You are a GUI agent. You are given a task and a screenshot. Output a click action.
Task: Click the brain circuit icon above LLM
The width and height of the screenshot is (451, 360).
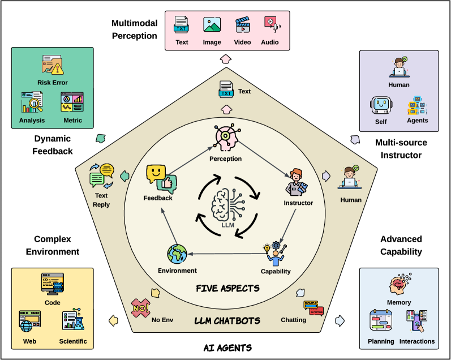(x=227, y=205)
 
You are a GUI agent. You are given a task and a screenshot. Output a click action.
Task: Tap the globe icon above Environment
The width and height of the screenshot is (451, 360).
(x=177, y=254)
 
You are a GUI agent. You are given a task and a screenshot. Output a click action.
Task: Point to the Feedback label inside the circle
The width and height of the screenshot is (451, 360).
(x=158, y=198)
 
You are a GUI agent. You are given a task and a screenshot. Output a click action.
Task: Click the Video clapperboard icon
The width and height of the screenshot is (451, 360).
(x=243, y=25)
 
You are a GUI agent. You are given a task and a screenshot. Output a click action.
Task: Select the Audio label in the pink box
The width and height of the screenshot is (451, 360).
(x=270, y=42)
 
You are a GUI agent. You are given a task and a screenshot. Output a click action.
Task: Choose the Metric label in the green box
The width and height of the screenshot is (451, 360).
(x=72, y=120)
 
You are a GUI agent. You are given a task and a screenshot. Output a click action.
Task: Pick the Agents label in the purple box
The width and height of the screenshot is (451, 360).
(x=418, y=120)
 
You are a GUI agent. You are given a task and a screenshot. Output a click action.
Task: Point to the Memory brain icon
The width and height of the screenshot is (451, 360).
(x=400, y=285)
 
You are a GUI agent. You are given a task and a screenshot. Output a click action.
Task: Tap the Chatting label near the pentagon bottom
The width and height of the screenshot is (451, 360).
(x=293, y=320)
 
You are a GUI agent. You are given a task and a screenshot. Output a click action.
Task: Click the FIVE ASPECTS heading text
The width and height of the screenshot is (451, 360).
(x=227, y=289)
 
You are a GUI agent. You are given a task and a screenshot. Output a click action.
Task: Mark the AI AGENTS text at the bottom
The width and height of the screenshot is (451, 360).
(x=227, y=347)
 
